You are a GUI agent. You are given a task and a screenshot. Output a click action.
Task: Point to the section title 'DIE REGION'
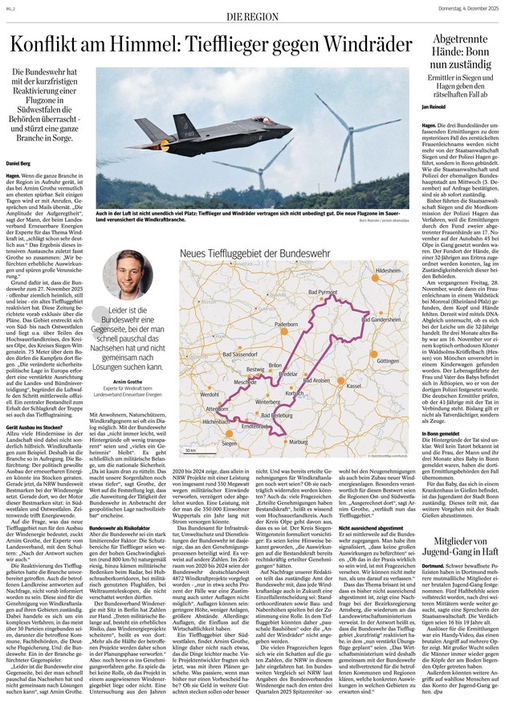click(251, 16)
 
